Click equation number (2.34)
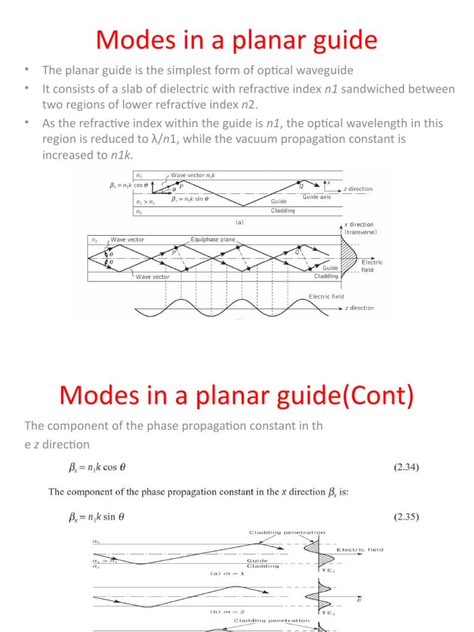tap(406, 467)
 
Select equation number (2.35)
tap(406, 516)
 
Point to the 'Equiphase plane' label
tap(213, 239)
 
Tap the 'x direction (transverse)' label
tap(361, 228)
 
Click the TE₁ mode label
tap(328, 571)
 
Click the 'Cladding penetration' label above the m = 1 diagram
tap(287, 532)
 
